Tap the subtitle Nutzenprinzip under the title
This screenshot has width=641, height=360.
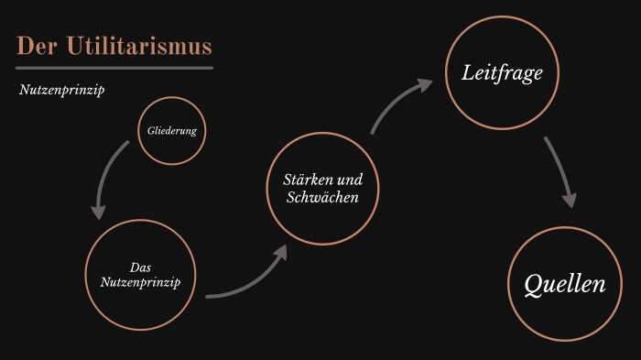(x=61, y=92)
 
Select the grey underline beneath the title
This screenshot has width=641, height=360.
(x=114, y=67)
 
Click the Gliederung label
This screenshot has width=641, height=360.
(x=171, y=131)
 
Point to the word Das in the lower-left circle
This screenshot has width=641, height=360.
(x=140, y=267)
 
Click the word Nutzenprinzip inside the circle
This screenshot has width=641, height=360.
(x=140, y=281)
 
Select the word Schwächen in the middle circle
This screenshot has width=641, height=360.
(x=321, y=197)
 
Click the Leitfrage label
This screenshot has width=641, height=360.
(x=502, y=72)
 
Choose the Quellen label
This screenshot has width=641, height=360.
(x=565, y=285)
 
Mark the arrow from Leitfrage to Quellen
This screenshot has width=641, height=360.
(x=559, y=169)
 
